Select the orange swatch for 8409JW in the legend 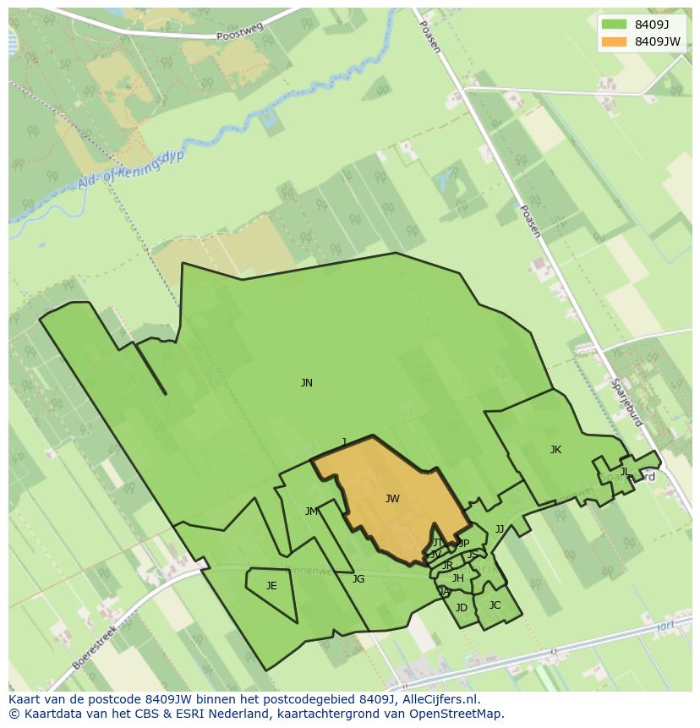point(614,41)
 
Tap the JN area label point(307,383)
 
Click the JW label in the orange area point(392,499)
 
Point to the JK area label point(555,450)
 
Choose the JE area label point(271,586)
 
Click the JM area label point(312,512)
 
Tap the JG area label point(358,579)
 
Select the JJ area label point(500,529)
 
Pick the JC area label point(495,605)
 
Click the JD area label point(462,608)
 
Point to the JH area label point(457,578)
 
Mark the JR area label point(447,566)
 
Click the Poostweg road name point(239,32)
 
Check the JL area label point(624,472)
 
